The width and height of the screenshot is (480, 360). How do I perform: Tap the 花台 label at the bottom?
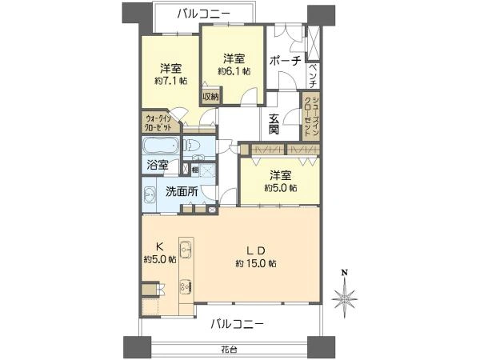pyautogui.click(x=231, y=350)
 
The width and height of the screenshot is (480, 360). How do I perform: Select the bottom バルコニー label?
pyautogui.click(x=238, y=324)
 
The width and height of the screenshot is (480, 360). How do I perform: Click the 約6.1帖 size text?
pyautogui.click(x=234, y=71)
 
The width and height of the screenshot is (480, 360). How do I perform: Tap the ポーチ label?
pyautogui.click(x=285, y=61)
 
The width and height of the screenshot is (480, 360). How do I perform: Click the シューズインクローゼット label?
pyautogui.click(x=308, y=116)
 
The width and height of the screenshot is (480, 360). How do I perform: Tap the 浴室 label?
pyautogui.click(x=157, y=166)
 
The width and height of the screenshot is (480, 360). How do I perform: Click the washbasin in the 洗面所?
pyautogui.click(x=150, y=194)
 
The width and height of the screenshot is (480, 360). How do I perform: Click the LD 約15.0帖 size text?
pyautogui.click(x=256, y=263)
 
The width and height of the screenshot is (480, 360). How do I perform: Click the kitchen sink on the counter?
pyautogui.click(x=185, y=250)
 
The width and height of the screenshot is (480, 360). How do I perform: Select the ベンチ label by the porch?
pyautogui.click(x=315, y=74)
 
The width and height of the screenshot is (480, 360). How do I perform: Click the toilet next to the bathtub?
pyautogui.click(x=191, y=146)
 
